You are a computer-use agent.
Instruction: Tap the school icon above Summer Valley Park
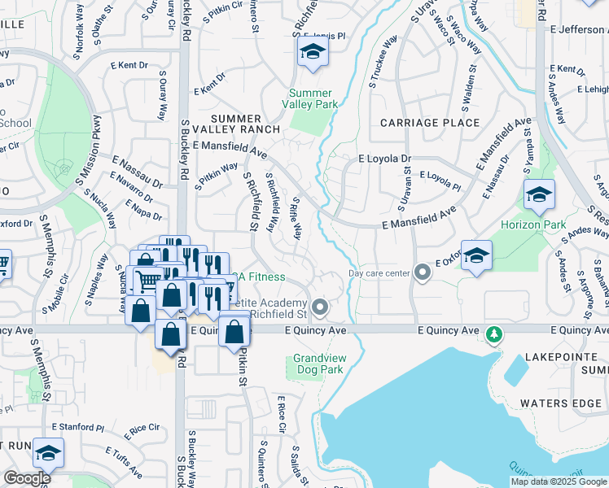click(x=310, y=53)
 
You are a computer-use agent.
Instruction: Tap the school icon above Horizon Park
click(x=538, y=194)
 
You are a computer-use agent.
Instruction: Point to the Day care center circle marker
click(x=421, y=272)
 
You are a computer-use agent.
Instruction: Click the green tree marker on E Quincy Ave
click(x=493, y=334)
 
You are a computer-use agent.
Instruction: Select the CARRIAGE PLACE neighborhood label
click(x=430, y=123)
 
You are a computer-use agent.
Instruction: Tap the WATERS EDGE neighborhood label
click(x=560, y=403)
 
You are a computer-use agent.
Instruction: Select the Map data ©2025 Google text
click(x=558, y=481)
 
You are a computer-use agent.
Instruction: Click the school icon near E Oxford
click(x=476, y=253)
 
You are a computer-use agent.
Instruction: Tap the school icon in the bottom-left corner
click(x=48, y=452)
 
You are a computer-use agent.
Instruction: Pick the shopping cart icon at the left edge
click(x=2, y=262)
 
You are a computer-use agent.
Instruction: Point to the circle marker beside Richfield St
click(x=320, y=307)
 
